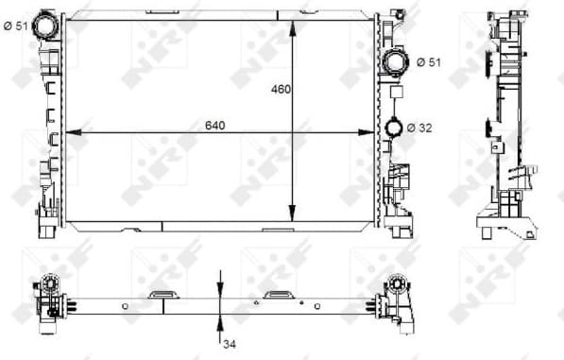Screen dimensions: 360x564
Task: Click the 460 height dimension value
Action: [281, 90]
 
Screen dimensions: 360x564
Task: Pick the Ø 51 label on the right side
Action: [430, 63]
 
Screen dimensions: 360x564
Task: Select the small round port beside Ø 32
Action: [395, 129]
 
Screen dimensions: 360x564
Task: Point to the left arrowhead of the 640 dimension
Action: [70, 133]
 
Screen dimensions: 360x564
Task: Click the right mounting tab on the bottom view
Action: [278, 295]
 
